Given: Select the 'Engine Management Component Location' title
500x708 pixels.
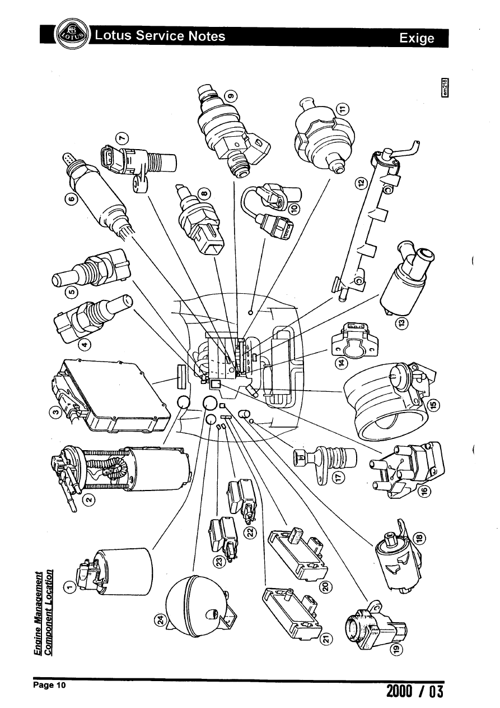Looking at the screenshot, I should click(x=44, y=611).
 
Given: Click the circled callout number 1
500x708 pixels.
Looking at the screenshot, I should click(x=69, y=587).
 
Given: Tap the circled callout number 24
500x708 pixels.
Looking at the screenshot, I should click(x=159, y=620).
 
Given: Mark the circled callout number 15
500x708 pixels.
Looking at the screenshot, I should click(x=434, y=404).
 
